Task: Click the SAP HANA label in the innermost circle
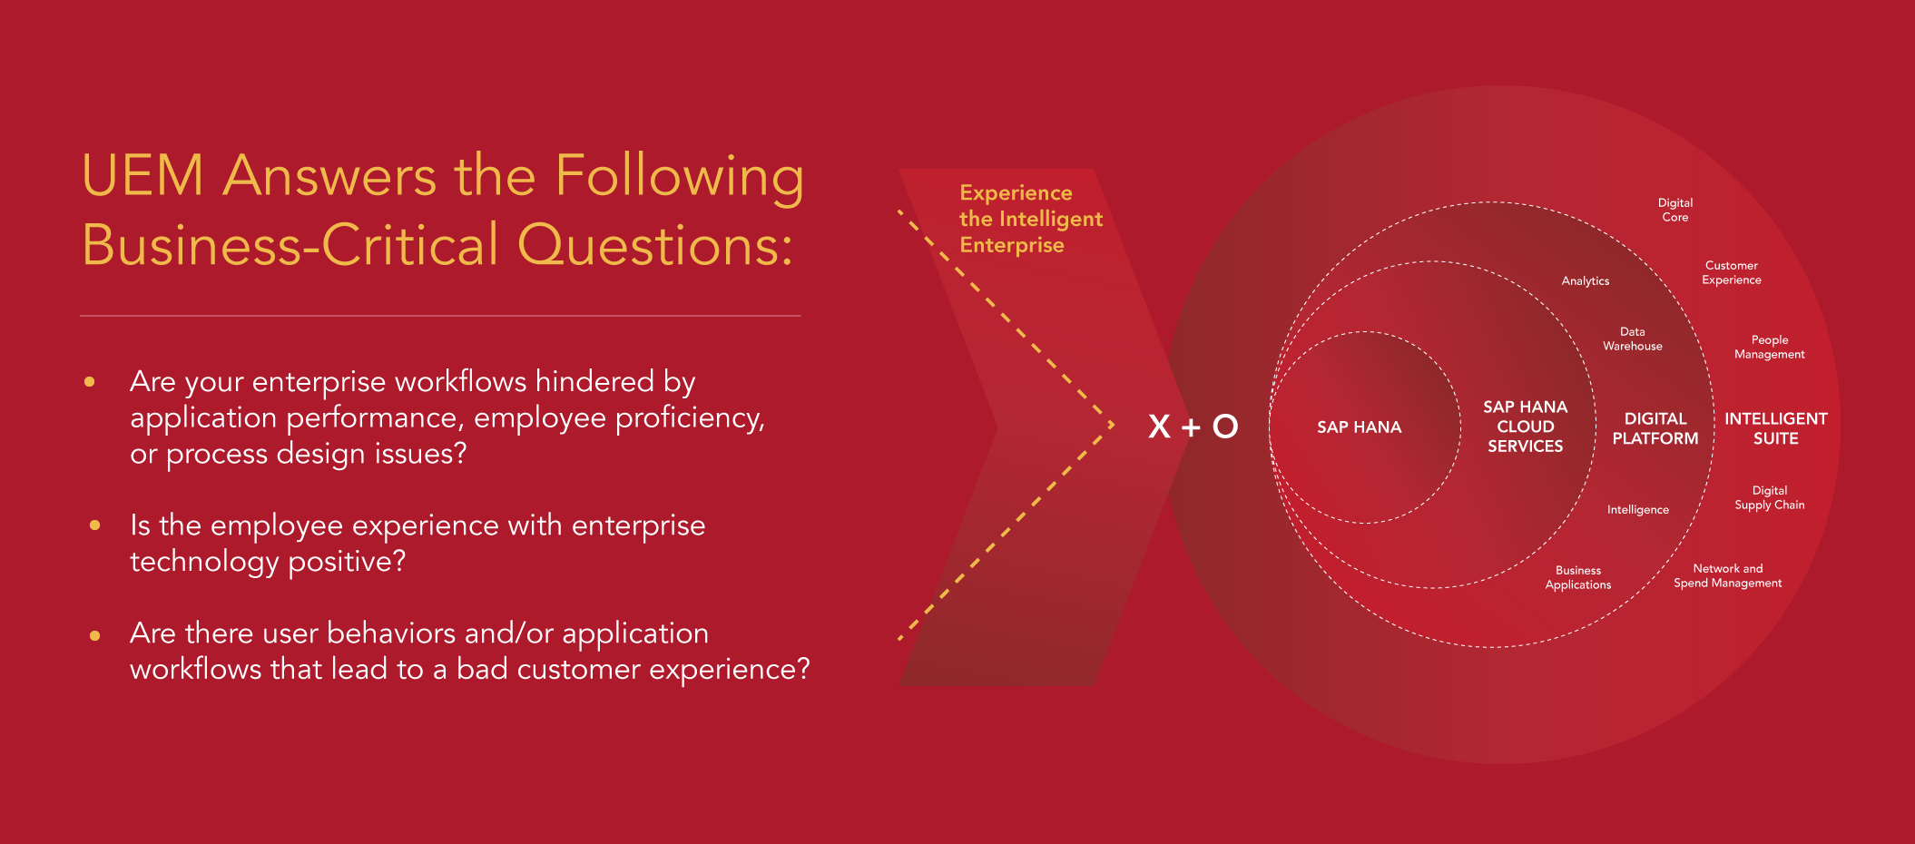tap(1359, 427)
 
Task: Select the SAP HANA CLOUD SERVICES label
tap(1525, 427)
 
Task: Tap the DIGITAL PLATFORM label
tap(1655, 428)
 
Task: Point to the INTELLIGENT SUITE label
tap(1776, 428)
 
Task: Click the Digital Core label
tap(1675, 210)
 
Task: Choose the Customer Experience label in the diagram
tap(1732, 272)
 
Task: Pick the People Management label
tap(1770, 347)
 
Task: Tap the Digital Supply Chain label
tap(1770, 497)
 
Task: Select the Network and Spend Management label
tap(1728, 575)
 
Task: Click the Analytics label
tap(1586, 281)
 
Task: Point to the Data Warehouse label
tap(1633, 339)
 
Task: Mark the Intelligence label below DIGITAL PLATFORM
tap(1638, 510)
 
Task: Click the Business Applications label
tap(1578, 577)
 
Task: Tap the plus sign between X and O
tap(1191, 427)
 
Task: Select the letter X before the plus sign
tap(1159, 426)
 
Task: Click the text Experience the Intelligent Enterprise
tap(1031, 219)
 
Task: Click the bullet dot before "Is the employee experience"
tap(95, 525)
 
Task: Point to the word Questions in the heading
tap(655, 245)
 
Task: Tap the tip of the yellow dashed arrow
tap(1115, 425)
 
